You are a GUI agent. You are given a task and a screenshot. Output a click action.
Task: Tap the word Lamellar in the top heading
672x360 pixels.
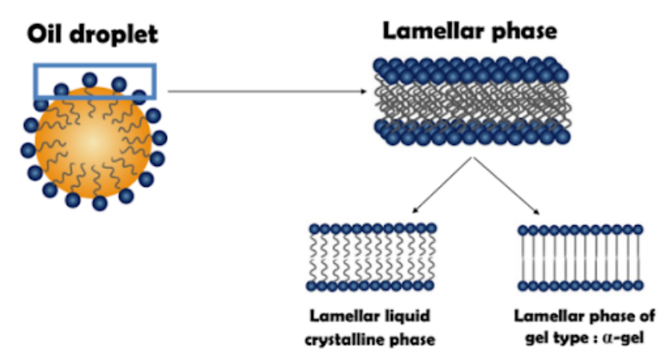pyautogui.click(x=423, y=32)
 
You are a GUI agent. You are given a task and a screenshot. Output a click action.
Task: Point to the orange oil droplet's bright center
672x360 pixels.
pyautogui.click(x=92, y=141)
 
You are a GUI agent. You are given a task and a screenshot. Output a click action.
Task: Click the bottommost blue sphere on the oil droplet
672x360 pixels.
pyautogui.click(x=100, y=203)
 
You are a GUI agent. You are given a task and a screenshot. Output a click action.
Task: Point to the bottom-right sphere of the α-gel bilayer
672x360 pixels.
pyautogui.click(x=637, y=288)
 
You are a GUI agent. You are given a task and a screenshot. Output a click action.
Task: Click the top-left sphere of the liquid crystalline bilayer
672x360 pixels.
pyautogui.click(x=315, y=229)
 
